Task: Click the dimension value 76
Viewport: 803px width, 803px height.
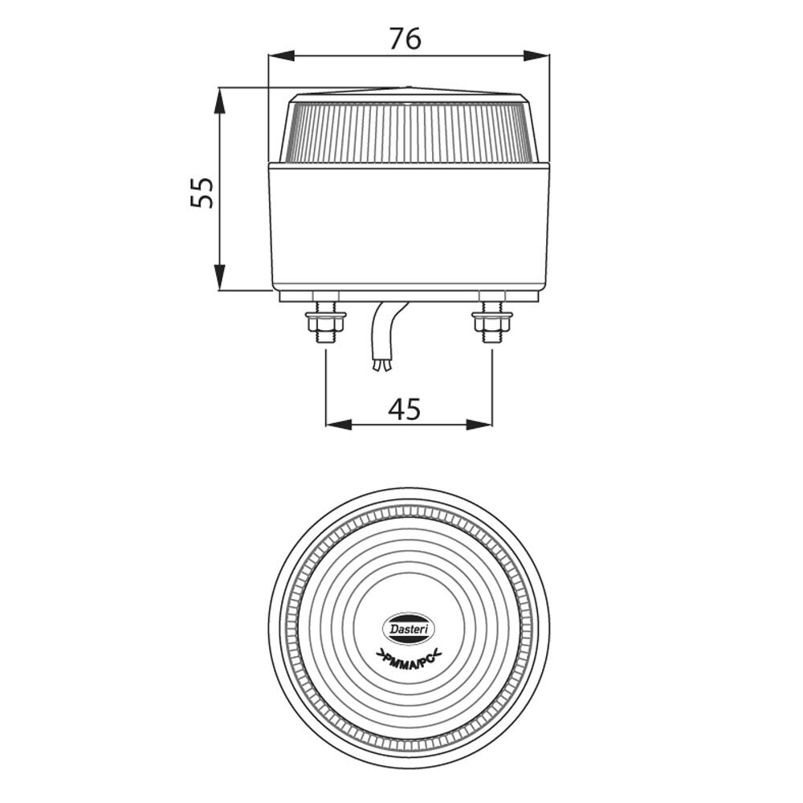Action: (x=405, y=37)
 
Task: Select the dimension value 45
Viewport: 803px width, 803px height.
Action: (x=405, y=409)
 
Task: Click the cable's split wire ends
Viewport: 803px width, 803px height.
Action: (x=381, y=367)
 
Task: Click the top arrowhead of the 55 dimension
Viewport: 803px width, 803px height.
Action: (x=220, y=98)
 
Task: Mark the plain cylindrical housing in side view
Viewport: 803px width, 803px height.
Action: (x=408, y=225)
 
